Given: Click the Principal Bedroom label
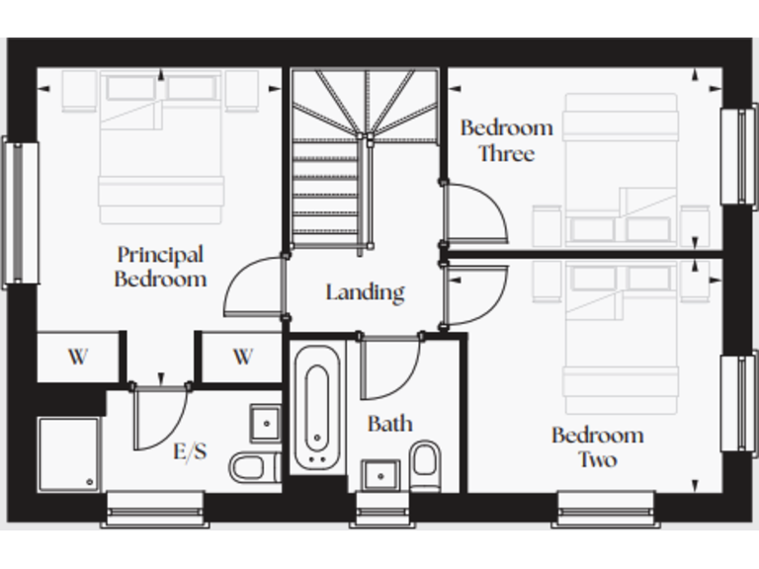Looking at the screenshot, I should tap(160, 267).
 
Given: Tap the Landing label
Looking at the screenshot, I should tap(365, 292).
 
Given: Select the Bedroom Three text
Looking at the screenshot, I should tap(506, 140).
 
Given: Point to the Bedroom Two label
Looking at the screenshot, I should tap(597, 447).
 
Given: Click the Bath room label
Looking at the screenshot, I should tap(390, 424).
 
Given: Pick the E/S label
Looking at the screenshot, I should tap(190, 452).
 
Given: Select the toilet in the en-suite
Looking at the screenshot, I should tap(249, 465).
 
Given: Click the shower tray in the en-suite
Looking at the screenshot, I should tap(69, 453).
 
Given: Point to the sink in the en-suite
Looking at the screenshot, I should tap(265, 423).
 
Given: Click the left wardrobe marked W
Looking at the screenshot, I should tap(77, 357).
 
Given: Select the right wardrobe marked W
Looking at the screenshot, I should tap(243, 357).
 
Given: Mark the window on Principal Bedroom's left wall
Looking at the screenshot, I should tap(20, 212).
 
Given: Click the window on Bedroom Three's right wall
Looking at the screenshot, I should tap(738, 156).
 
